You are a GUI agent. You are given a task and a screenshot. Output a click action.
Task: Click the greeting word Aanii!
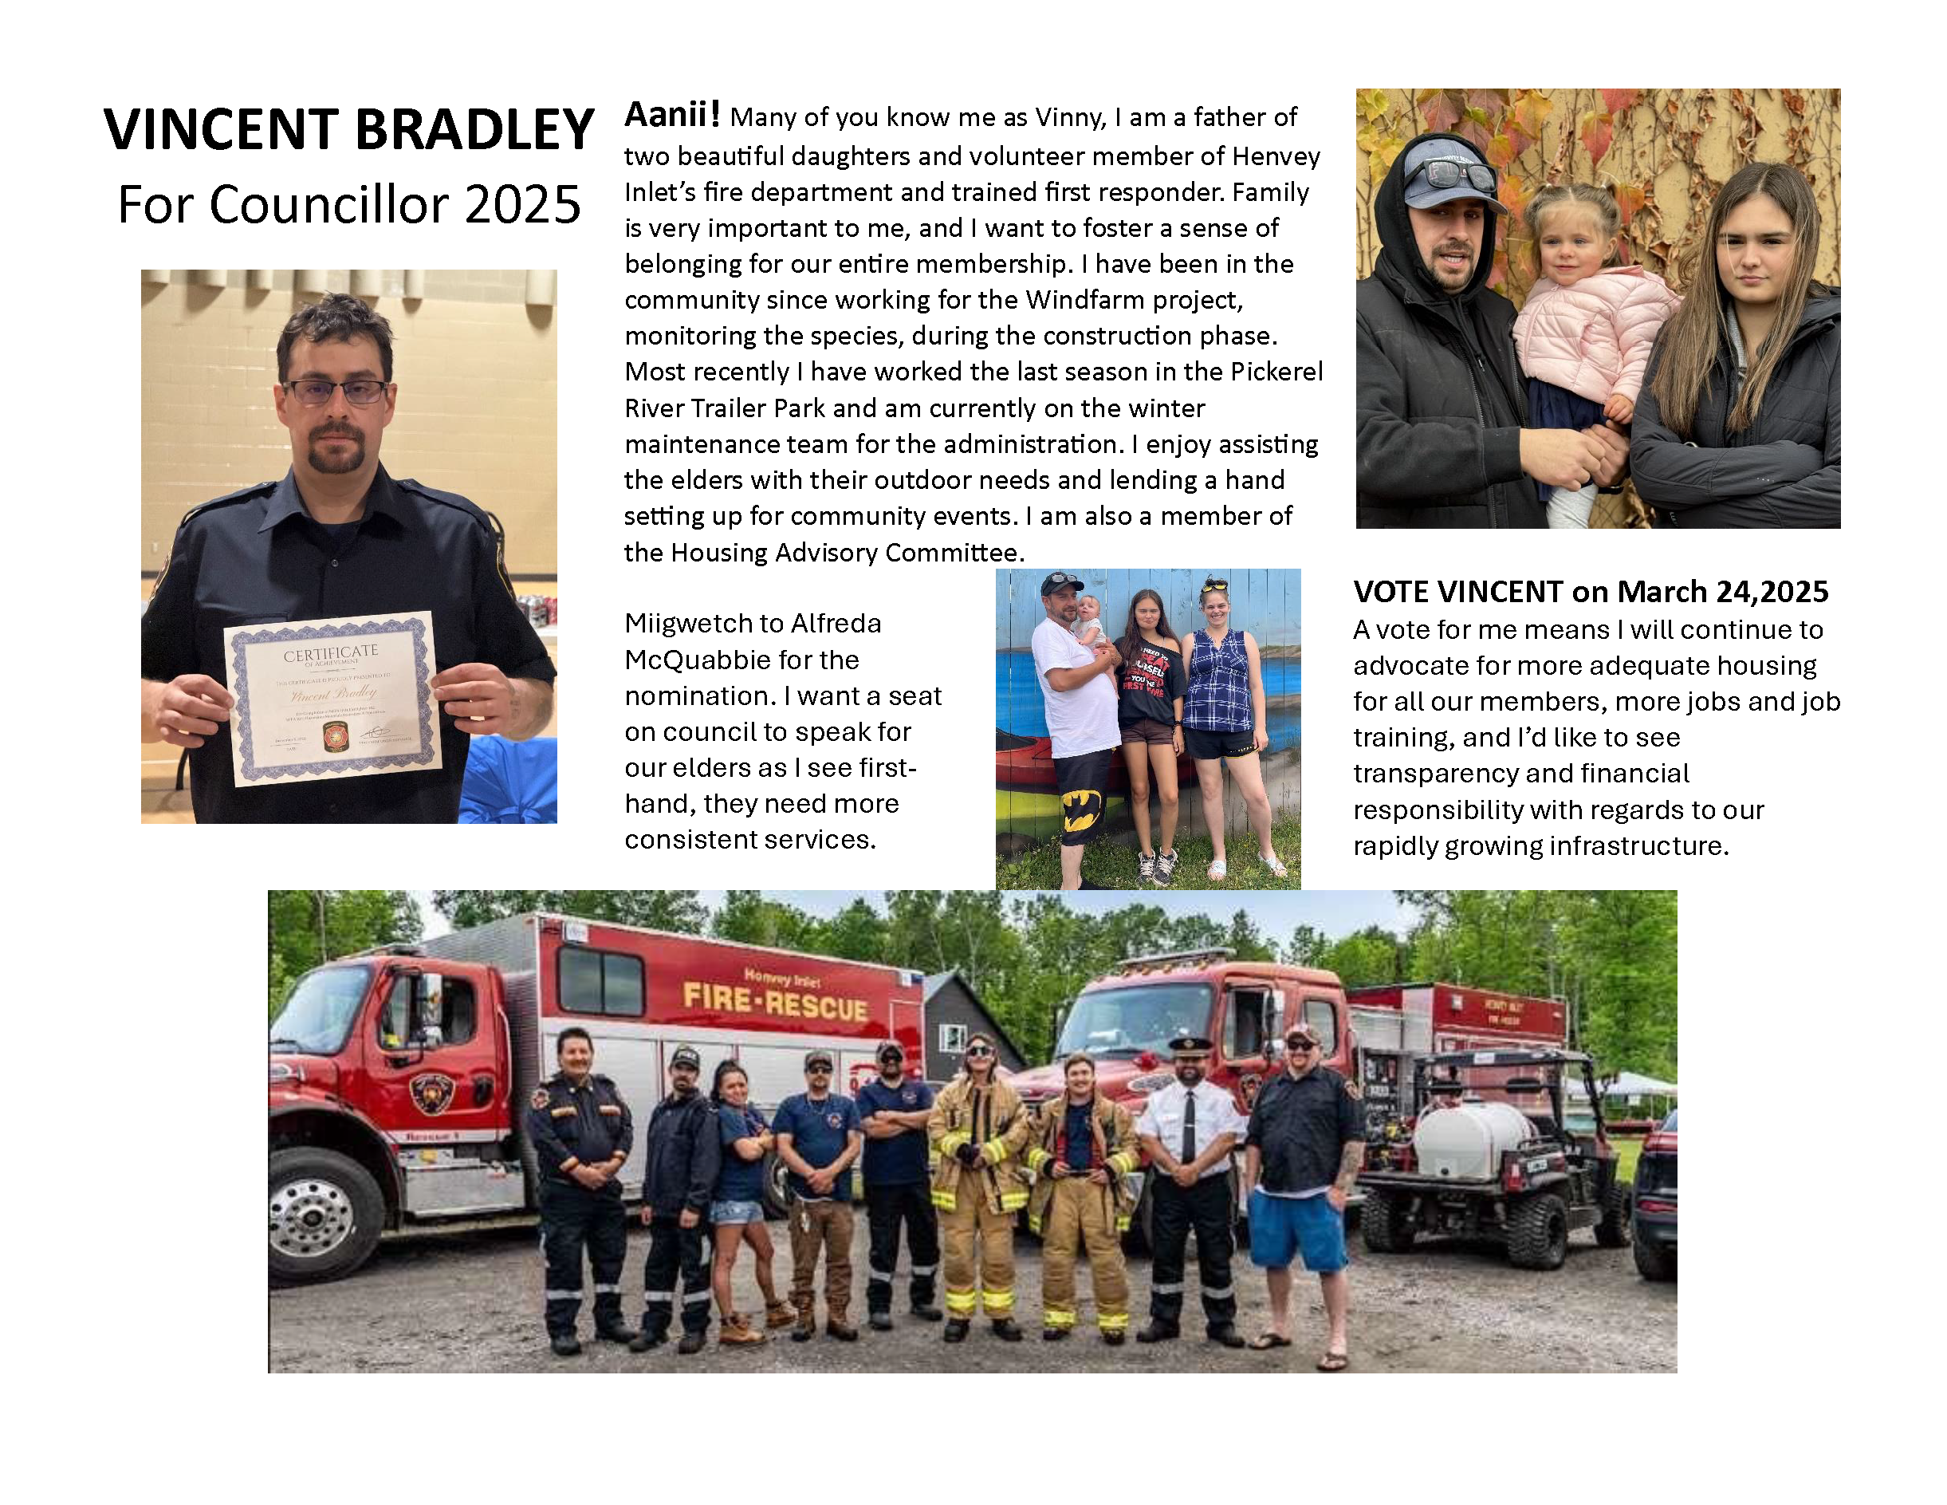(671, 115)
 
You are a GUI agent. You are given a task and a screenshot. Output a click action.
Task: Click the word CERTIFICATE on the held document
(331, 652)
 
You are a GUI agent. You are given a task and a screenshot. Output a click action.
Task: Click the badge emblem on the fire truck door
(431, 1091)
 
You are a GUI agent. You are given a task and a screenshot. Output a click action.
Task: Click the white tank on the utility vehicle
(1469, 1137)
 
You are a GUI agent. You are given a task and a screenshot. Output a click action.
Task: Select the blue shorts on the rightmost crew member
(1297, 1231)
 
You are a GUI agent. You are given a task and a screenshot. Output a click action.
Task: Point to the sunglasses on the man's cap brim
(1459, 174)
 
